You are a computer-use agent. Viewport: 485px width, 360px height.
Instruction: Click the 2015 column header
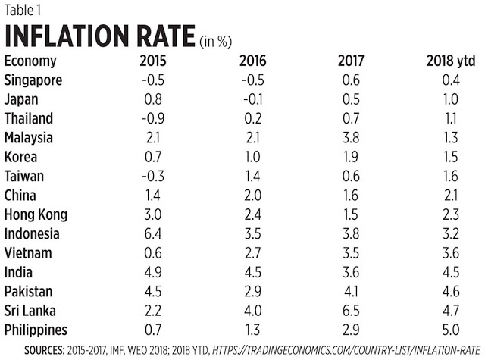pos(153,61)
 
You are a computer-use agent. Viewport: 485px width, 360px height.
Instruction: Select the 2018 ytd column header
pos(451,61)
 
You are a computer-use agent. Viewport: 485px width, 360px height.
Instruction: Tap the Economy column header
pos(30,61)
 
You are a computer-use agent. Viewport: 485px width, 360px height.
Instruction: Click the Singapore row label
pos(33,80)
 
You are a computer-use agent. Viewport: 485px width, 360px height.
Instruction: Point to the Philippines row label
pos(36,330)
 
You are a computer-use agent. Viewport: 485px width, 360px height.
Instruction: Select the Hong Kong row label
pos(36,214)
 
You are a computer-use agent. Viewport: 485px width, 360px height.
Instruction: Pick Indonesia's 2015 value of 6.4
pos(153,234)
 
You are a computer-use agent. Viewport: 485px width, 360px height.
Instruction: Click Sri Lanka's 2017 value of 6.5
pos(351,311)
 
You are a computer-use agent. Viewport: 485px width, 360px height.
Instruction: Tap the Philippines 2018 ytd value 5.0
pos(451,330)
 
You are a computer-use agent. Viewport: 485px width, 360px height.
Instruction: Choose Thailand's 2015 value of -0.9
pos(153,118)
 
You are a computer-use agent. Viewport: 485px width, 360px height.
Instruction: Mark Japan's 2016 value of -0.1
pos(252,99)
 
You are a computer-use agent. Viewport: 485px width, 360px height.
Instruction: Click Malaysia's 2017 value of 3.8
pos(351,138)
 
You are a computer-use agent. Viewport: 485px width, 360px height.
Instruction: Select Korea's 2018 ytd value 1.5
pos(451,157)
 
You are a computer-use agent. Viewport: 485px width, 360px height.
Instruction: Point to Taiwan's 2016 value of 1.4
pos(252,176)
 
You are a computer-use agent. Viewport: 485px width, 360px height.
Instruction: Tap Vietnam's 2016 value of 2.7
pos(252,253)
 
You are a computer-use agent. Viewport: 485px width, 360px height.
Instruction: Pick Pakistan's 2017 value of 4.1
pos(351,291)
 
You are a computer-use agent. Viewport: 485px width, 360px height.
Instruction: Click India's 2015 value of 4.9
pos(153,272)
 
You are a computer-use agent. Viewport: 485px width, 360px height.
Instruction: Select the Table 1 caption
pos(22,10)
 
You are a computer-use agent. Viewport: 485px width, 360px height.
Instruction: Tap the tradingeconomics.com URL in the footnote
pos(346,350)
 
